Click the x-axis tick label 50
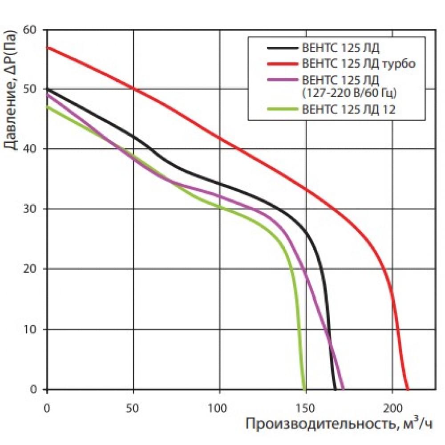[133, 406]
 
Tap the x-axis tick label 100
[219, 406]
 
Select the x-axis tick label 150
[306, 406]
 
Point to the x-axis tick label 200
[392, 406]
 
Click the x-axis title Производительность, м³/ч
[338, 425]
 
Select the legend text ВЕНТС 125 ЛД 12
[348, 109]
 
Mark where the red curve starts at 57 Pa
[47, 47]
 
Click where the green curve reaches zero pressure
[304, 389]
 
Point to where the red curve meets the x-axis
[407, 389]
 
